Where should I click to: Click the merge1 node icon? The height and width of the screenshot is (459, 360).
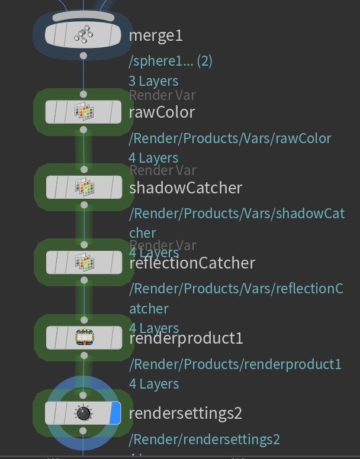[83, 35]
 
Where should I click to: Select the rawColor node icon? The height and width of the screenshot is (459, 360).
[83, 112]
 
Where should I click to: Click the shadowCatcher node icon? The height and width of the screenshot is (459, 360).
[83, 188]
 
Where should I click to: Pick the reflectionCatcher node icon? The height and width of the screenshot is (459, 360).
[83, 262]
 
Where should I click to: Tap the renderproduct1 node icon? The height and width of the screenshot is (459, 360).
[83, 337]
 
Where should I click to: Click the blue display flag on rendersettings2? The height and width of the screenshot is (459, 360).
[115, 412]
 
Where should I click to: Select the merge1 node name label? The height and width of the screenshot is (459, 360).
[156, 35]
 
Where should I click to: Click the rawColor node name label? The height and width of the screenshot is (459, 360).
[162, 112]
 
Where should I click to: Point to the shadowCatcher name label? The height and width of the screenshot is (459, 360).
[185, 188]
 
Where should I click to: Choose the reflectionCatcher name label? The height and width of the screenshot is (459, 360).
[192, 263]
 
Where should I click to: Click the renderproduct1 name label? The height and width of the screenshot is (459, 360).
[186, 338]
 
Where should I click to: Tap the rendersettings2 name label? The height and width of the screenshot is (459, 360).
[185, 412]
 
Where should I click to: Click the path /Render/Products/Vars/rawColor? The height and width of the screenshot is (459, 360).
[230, 138]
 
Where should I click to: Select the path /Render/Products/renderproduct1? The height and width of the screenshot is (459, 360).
[235, 364]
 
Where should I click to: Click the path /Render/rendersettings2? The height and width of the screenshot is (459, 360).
[204, 439]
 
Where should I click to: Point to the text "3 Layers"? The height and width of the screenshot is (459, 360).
[153, 81]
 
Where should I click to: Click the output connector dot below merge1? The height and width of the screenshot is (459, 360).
[83, 56]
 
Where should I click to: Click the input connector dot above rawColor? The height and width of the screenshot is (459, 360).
[83, 94]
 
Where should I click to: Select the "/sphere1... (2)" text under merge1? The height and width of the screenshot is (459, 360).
[171, 61]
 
